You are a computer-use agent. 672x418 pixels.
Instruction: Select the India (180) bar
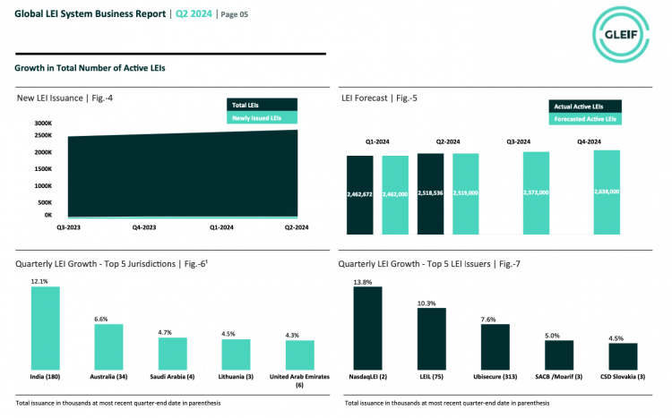pyautogui.click(x=45, y=328)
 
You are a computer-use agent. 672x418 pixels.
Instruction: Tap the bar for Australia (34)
pyautogui.click(x=109, y=347)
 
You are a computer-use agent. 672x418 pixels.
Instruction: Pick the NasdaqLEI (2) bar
pyautogui.click(x=367, y=328)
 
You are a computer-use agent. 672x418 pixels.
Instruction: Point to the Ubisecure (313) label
pyautogui.click(x=495, y=377)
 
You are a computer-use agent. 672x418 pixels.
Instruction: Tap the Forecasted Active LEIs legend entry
pyautogui.click(x=584, y=118)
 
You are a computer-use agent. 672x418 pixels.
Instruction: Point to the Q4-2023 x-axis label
pyautogui.click(x=145, y=227)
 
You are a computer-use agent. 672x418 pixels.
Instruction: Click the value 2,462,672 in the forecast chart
pyautogui.click(x=360, y=192)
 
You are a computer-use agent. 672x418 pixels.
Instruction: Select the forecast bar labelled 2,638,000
pyautogui.click(x=607, y=192)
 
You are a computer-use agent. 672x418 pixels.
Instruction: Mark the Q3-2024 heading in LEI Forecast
pyautogui.click(x=518, y=141)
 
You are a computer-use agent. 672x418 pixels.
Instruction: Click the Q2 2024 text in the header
pyautogui.click(x=193, y=13)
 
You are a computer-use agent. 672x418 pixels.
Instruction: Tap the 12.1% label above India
pyautogui.click(x=39, y=281)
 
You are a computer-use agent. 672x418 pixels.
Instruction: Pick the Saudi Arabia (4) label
pyautogui.click(x=170, y=377)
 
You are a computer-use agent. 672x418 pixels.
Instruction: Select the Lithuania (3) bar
pyautogui.click(x=236, y=354)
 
